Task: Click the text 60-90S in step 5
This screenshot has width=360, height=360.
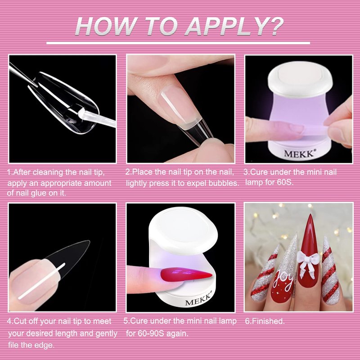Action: [x=150, y=333]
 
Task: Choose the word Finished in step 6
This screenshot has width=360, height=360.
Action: [x=268, y=321]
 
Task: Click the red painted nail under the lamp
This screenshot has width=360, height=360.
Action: [x=186, y=274]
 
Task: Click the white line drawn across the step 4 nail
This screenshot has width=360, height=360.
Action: [x=41, y=281]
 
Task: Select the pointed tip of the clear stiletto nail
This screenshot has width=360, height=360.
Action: [x=89, y=241]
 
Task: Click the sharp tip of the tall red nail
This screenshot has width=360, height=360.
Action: [x=310, y=215]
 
